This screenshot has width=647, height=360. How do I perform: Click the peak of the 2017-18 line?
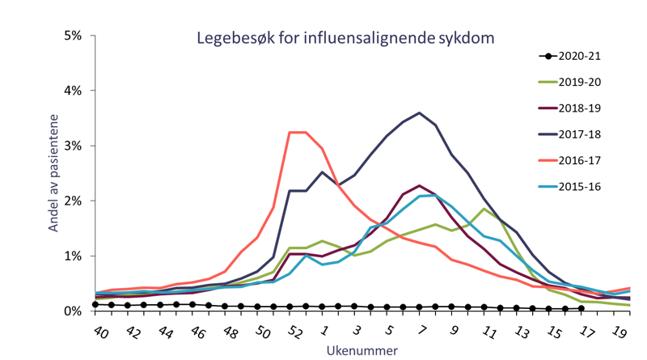pyautogui.click(x=419, y=113)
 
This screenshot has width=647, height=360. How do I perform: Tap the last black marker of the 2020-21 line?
pyautogui.click(x=581, y=308)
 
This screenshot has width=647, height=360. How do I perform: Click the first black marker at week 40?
pyautogui.click(x=96, y=304)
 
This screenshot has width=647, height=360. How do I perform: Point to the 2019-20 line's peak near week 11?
pyautogui.click(x=484, y=210)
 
